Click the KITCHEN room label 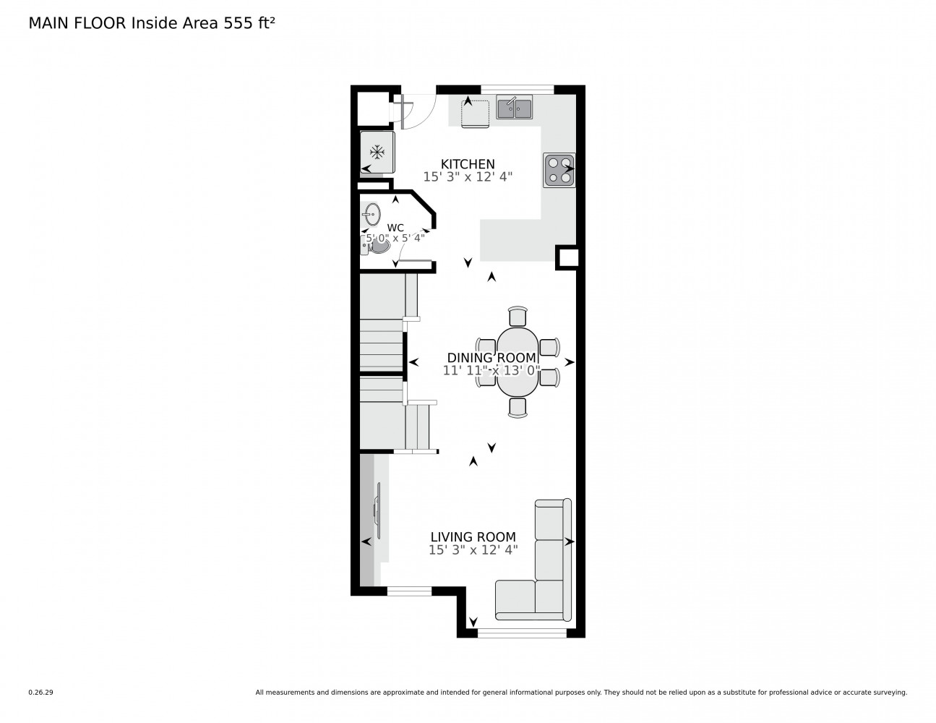[468, 164]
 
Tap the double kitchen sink [515, 108]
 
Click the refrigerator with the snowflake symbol [377, 152]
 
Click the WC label [395, 227]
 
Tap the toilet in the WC [377, 246]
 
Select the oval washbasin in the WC [372, 213]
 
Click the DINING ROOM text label [491, 358]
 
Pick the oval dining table [518, 361]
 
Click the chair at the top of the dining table [518, 317]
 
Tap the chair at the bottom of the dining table [518, 407]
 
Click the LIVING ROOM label [473, 537]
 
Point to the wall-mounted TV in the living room [377, 510]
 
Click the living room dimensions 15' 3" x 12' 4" [473, 550]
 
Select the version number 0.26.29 [40, 692]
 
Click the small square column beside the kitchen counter [567, 258]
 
